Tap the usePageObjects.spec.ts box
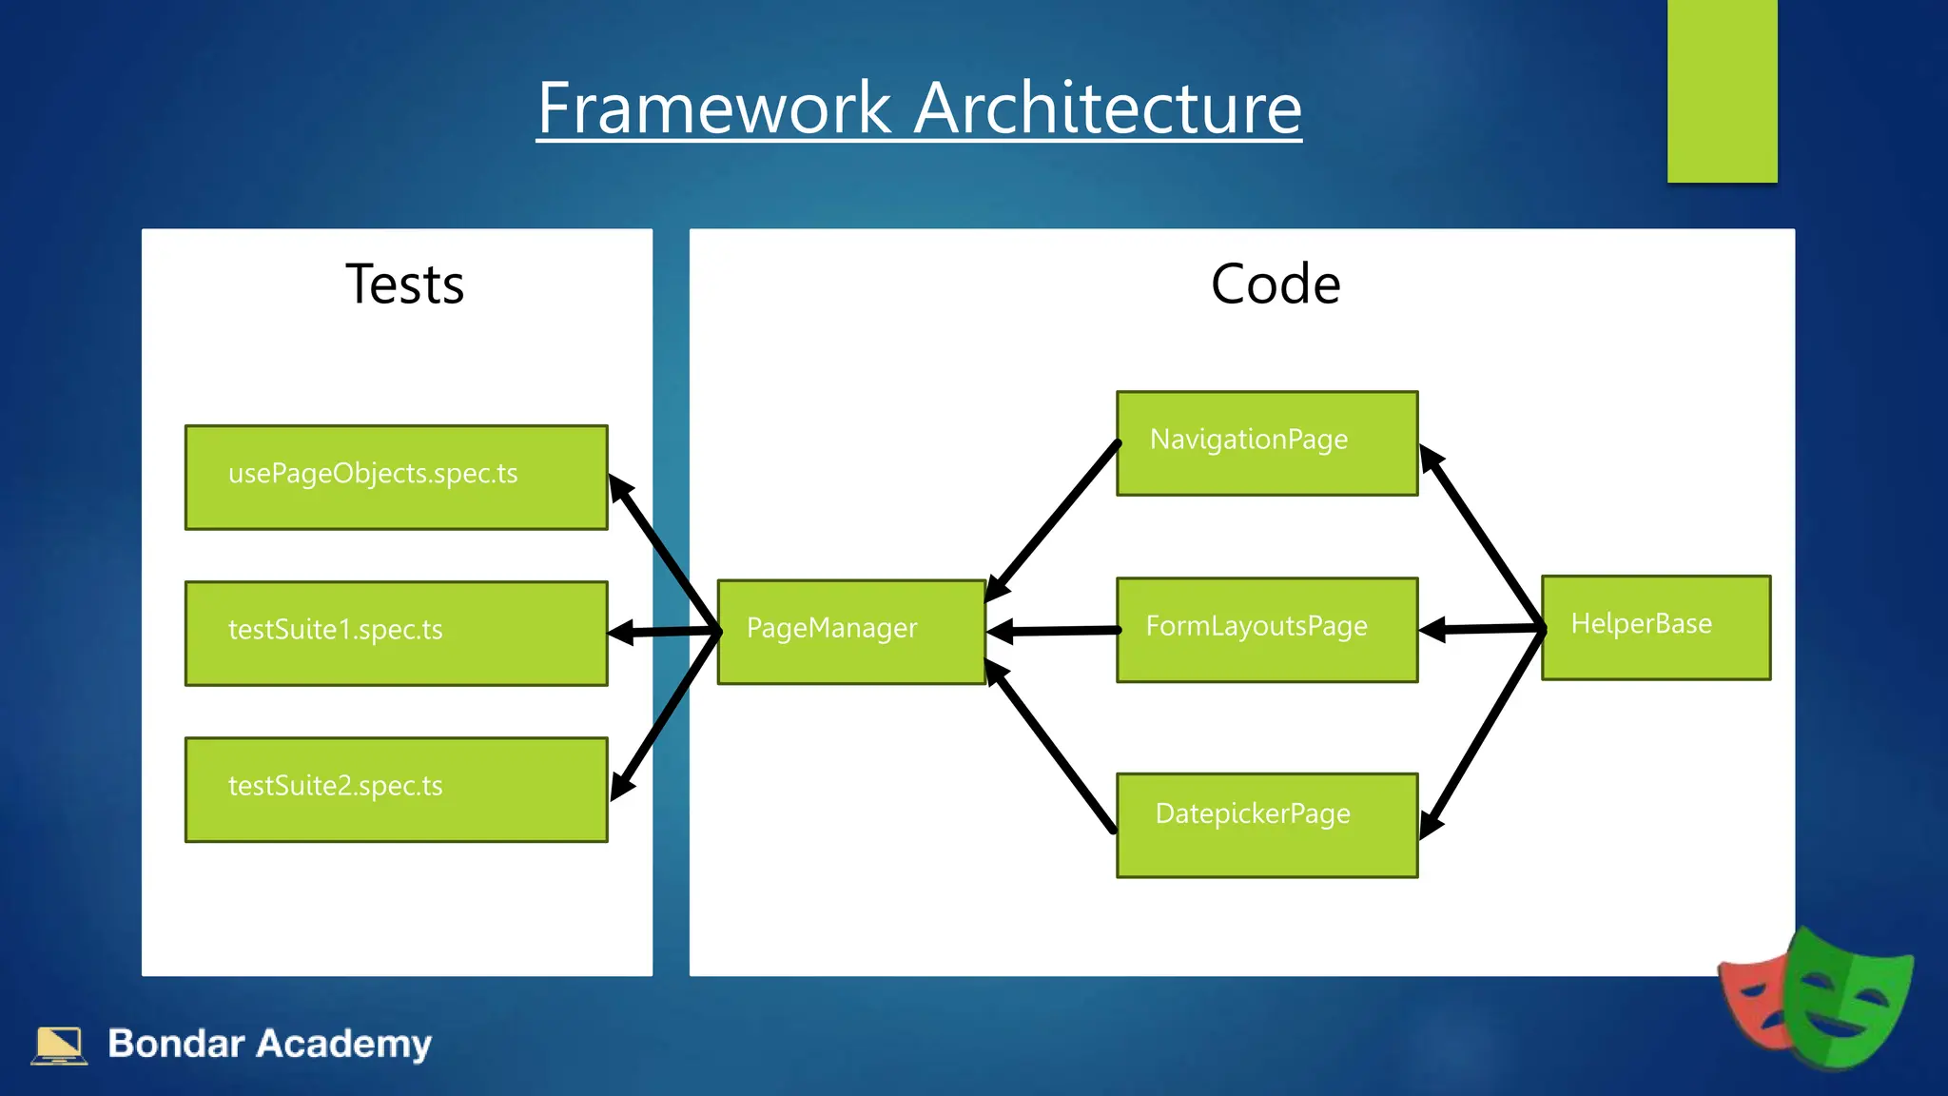pos(396,477)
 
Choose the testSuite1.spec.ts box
pos(396,633)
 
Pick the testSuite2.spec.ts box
pos(396,789)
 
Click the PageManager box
pos(850,631)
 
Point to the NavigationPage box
pos(1266,442)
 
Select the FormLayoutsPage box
pos(1266,629)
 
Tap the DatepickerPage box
pos(1266,824)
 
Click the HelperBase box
pos(1655,627)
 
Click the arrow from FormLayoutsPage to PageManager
pos(1054,630)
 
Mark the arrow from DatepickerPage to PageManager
pos(1051,747)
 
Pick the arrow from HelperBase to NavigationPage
pos(1481,538)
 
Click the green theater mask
pos(1845,999)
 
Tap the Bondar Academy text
pos(269,1044)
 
